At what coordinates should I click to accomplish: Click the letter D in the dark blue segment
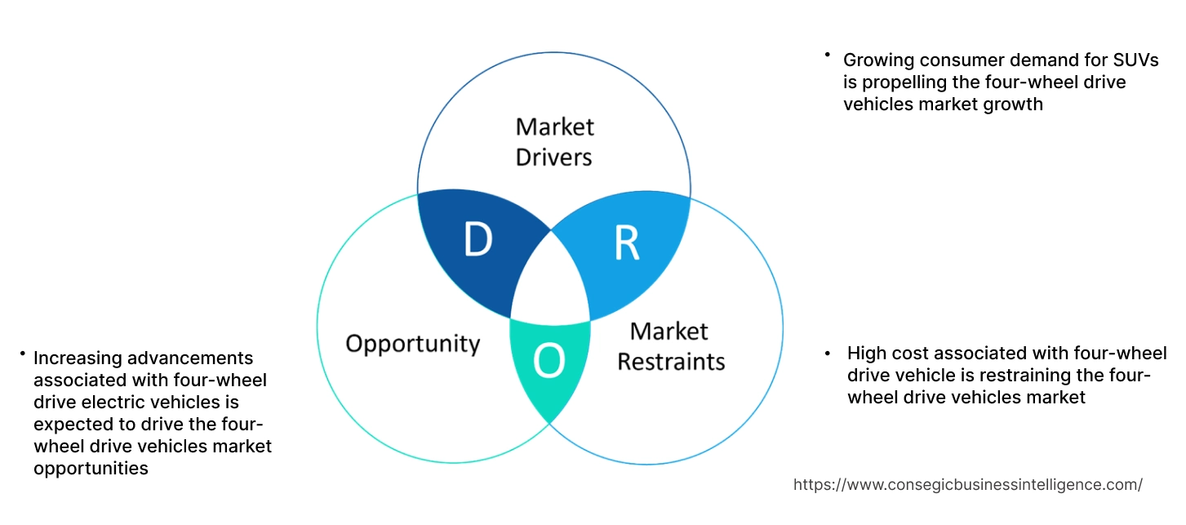[x=478, y=238]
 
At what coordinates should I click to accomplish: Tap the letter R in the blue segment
[x=627, y=242]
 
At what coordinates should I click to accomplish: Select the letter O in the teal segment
[x=549, y=361]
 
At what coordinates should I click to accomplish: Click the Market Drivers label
[x=554, y=141]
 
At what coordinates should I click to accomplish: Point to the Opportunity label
[x=412, y=343]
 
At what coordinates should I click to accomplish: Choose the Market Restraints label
[x=670, y=345]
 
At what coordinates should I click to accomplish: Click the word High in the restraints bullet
[x=866, y=353]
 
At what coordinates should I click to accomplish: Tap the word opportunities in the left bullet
[x=91, y=468]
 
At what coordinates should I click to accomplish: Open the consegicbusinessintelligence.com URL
[x=967, y=484]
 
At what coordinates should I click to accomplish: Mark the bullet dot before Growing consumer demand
[x=827, y=55]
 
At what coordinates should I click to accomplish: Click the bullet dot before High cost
[x=828, y=353]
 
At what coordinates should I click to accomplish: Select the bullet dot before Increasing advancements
[x=23, y=354]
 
